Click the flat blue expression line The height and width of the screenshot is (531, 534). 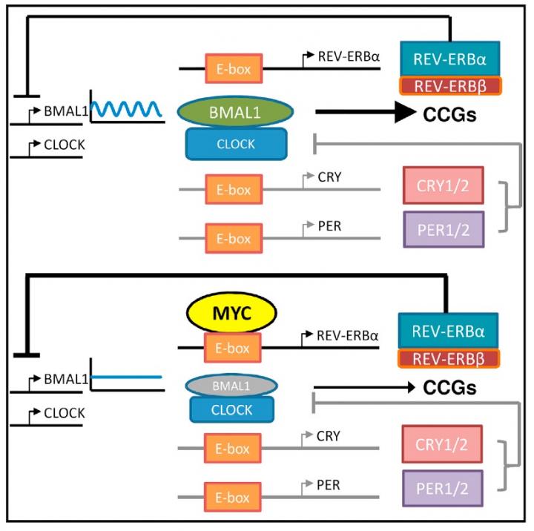pos(126,377)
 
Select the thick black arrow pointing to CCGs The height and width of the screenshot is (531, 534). pos(363,112)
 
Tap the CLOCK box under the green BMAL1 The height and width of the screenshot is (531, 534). pos(236,144)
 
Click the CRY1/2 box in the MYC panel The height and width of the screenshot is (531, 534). pos(442,445)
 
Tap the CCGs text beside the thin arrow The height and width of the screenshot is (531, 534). pos(449,387)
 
